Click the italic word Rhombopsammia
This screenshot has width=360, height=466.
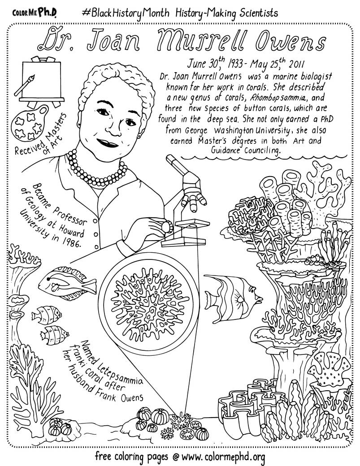point(256,98)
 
